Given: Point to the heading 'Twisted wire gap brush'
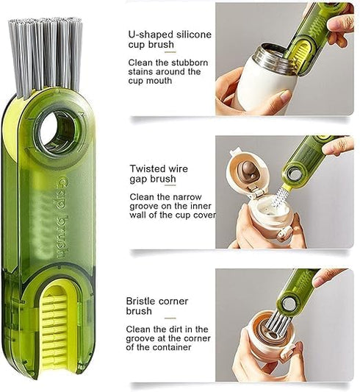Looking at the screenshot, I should pos(159,174).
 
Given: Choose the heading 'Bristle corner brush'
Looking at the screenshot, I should pos(159,306).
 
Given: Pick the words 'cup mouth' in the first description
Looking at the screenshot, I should pos(151,82).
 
